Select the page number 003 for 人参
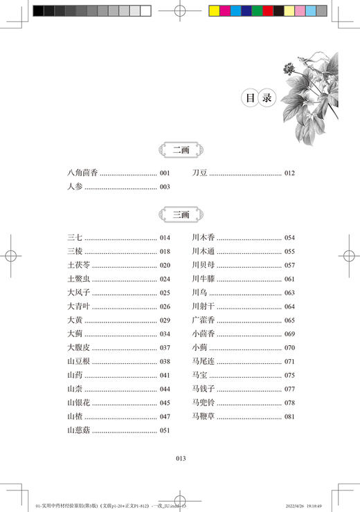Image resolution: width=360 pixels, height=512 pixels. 165,187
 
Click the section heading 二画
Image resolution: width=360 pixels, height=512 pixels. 180,149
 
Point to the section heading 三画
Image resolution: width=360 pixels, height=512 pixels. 180,214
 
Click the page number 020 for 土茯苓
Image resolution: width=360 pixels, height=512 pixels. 165,265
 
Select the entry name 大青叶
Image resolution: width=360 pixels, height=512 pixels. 78,307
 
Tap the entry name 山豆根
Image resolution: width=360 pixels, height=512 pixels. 78,361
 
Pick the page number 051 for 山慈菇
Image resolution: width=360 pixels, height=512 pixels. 165,430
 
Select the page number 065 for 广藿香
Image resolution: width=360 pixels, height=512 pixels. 289,320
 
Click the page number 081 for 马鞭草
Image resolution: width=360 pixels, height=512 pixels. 289,417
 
